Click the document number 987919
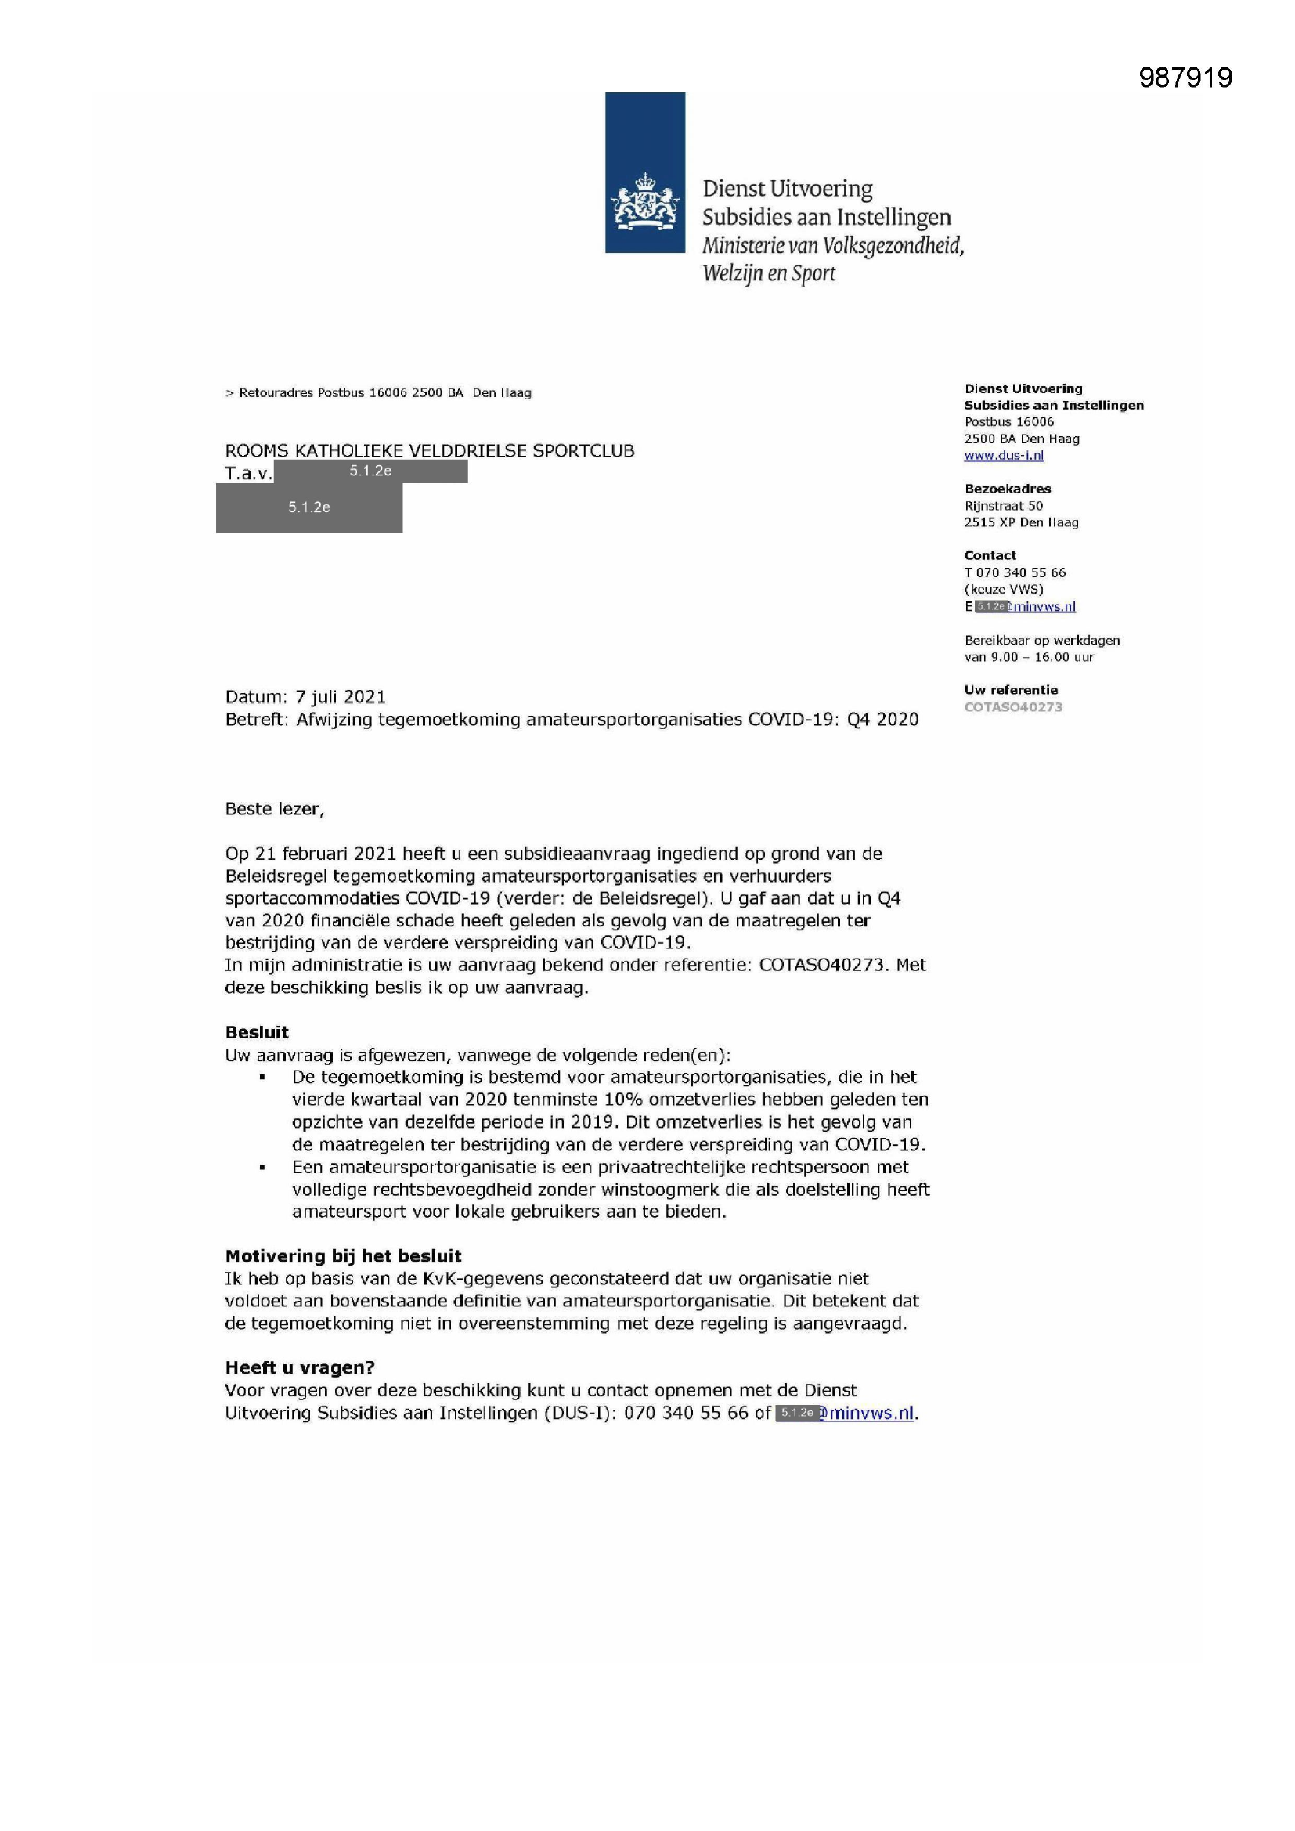tap(1185, 78)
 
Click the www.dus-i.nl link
tap(1003, 455)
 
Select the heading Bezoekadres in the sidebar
tap(1007, 489)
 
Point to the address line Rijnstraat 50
tap(1003, 506)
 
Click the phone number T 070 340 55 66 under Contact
tap(1014, 572)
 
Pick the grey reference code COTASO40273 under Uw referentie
tap(1012, 707)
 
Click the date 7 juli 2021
tap(341, 697)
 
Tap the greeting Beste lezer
tap(274, 809)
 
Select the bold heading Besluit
tap(257, 1033)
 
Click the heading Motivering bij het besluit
tap(343, 1256)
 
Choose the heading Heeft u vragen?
tap(300, 1367)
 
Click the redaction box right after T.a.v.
tap(371, 471)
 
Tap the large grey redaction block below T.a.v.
tap(309, 507)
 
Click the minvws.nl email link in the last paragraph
tap(870, 1413)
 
